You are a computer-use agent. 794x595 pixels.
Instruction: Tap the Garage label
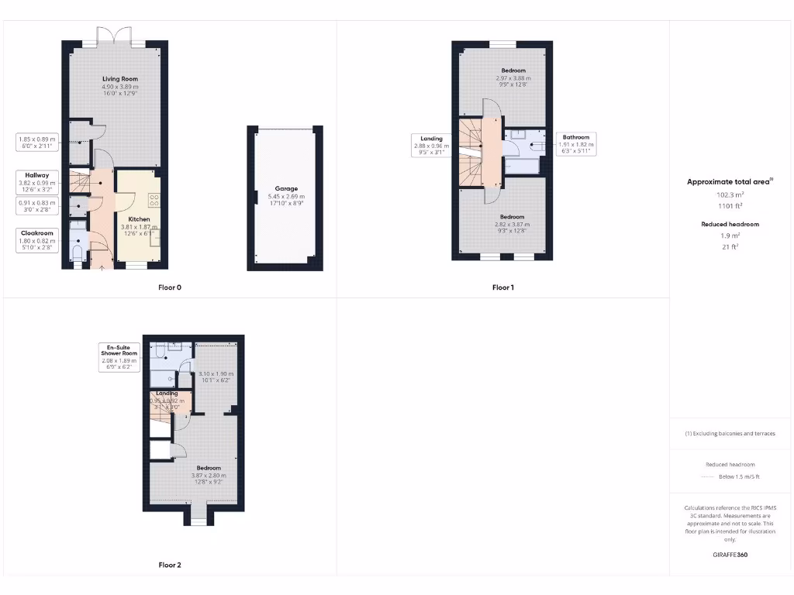pyautogui.click(x=286, y=188)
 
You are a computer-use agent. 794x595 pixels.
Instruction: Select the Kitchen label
pyautogui.click(x=139, y=219)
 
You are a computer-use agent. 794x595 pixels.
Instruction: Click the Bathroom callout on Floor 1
pyautogui.click(x=575, y=144)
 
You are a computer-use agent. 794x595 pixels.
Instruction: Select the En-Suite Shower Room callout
pyautogui.click(x=119, y=356)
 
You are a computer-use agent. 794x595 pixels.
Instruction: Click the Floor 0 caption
pyautogui.click(x=169, y=287)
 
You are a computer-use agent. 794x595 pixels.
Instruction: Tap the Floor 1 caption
pyautogui.click(x=502, y=287)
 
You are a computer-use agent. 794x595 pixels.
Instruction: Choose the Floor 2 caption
pyautogui.click(x=169, y=565)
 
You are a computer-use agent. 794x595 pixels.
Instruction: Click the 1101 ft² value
pyautogui.click(x=730, y=205)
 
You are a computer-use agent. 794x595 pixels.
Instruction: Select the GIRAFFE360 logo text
pyautogui.click(x=730, y=555)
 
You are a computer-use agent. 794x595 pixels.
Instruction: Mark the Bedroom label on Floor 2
pyautogui.click(x=208, y=468)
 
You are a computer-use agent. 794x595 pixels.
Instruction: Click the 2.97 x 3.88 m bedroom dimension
pyautogui.click(x=513, y=78)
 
